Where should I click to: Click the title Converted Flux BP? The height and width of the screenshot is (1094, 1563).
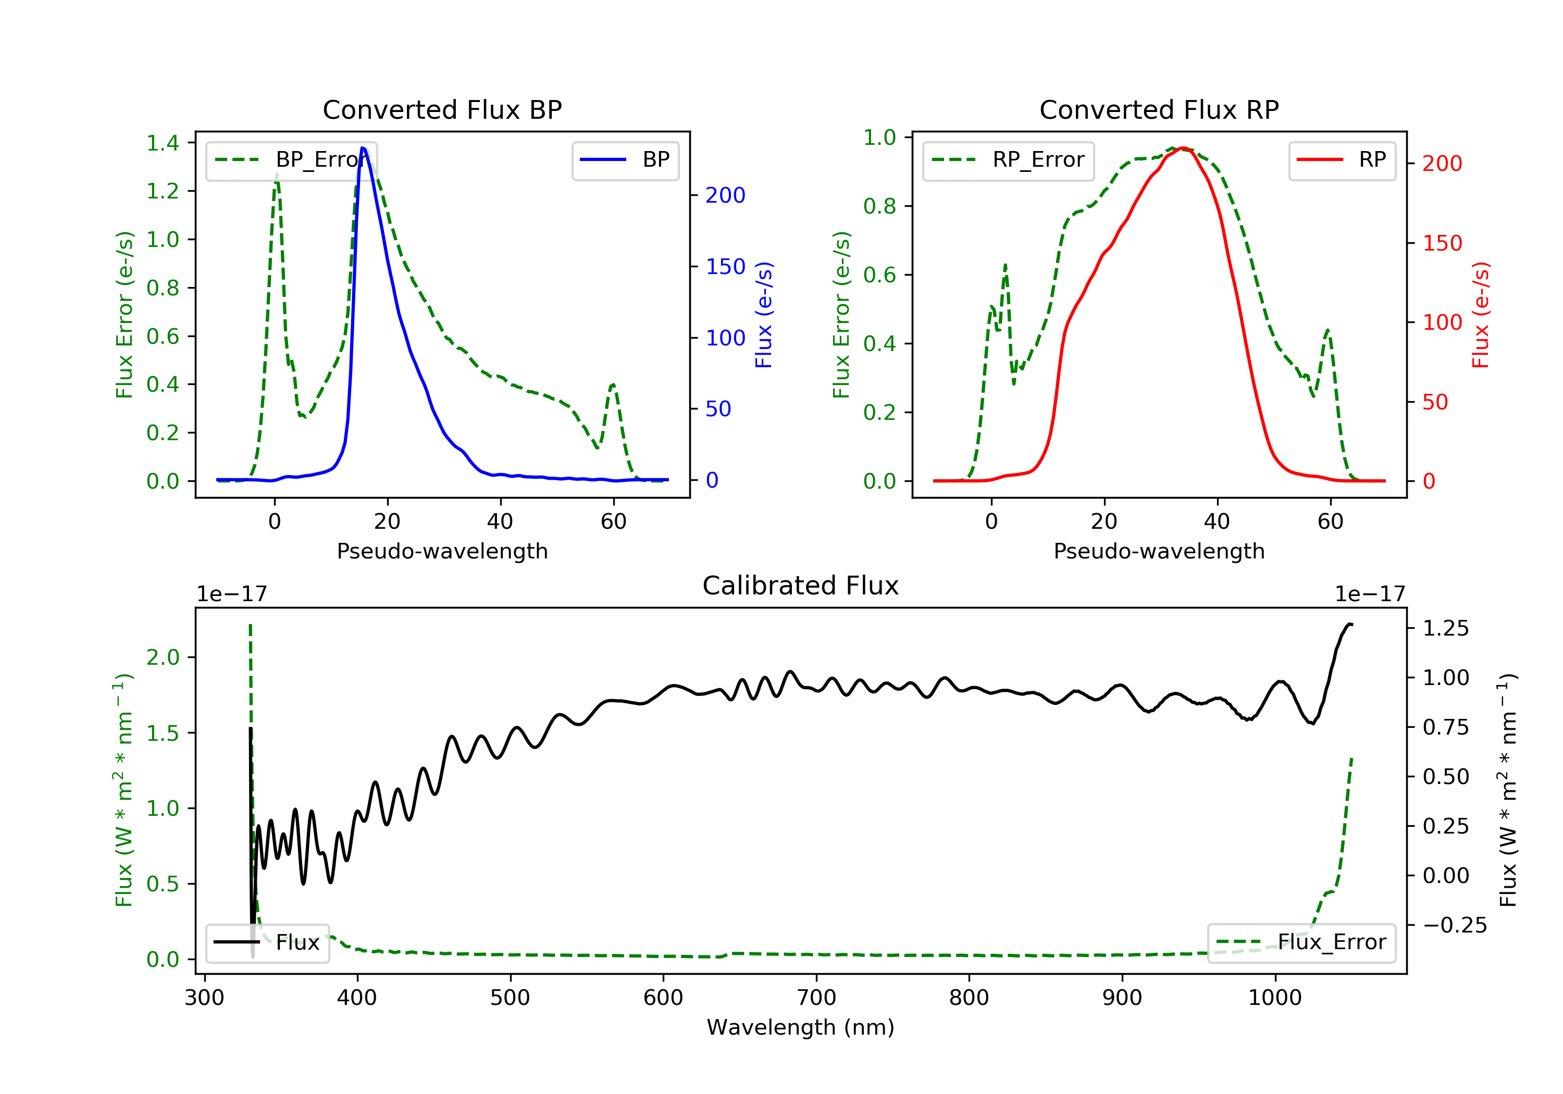442,109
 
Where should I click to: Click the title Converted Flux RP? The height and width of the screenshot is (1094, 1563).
1159,109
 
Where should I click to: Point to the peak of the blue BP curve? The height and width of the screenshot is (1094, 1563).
363,148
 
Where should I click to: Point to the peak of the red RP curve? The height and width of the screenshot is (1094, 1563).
1183,148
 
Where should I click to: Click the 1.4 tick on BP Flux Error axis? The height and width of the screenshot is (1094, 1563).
163,143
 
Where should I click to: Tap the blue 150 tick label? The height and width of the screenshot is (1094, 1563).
725,267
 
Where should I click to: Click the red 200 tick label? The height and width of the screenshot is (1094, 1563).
1442,164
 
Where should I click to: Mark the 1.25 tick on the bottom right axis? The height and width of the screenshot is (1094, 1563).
1445,628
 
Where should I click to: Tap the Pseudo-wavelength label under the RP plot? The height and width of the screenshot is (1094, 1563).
1159,551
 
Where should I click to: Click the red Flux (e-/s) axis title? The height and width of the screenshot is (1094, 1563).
1481,315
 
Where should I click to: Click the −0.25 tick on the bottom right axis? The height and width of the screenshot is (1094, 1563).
1454,925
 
